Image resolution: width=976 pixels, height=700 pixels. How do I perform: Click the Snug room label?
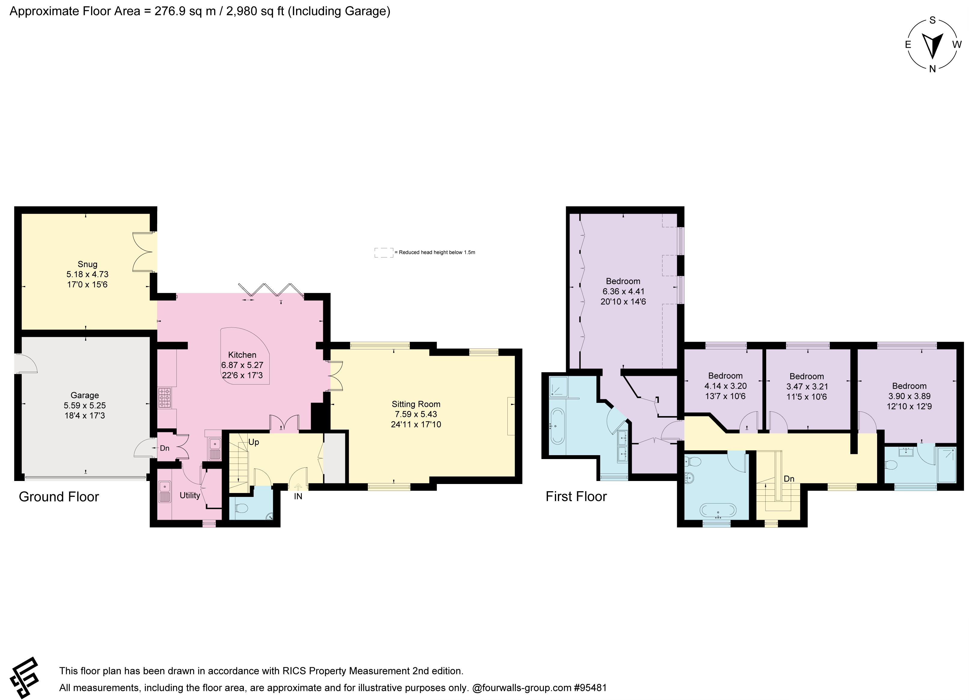[87, 264]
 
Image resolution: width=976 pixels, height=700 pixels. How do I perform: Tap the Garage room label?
[85, 395]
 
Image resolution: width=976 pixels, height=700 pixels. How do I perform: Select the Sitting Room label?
[416, 404]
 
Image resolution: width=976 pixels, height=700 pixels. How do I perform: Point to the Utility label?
[190, 495]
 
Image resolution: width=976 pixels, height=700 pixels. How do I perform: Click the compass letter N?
[932, 69]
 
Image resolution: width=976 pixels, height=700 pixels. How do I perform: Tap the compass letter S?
[932, 32]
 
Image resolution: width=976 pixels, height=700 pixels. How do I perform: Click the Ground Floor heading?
[59, 497]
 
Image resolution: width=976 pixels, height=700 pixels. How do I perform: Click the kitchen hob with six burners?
[165, 398]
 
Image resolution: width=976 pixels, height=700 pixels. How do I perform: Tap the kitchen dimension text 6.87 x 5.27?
[242, 365]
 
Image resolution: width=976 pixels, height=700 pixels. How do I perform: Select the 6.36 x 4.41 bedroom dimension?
[623, 291]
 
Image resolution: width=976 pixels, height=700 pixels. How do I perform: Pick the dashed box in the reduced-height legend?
[384, 253]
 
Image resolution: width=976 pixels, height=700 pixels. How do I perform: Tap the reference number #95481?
[590, 687]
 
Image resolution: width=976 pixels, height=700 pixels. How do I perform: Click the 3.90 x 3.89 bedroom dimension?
[909, 396]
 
